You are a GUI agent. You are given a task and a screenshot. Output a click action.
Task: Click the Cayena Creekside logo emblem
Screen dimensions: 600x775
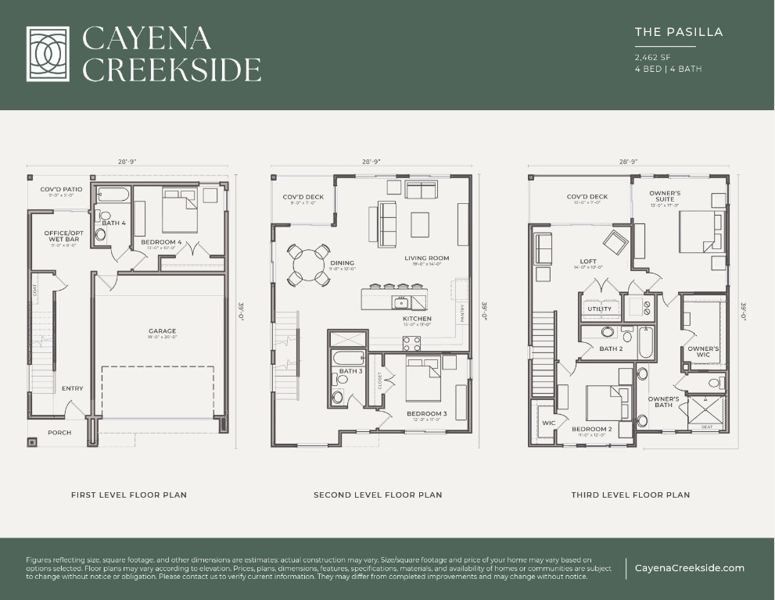(x=49, y=54)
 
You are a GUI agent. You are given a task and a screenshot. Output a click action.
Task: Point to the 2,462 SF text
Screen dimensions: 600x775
(x=651, y=57)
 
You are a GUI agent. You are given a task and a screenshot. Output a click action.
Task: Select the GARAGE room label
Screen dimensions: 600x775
(x=162, y=331)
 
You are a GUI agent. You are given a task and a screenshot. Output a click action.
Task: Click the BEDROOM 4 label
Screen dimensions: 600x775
(x=161, y=242)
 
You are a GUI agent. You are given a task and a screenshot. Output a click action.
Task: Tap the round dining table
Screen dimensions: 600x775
(x=308, y=265)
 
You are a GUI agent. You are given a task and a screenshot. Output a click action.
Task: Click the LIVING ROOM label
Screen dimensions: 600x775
(x=426, y=259)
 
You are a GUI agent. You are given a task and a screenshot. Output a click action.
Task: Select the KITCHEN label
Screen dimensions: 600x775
(x=418, y=319)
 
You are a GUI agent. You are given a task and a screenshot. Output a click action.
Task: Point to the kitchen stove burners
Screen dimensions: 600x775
(x=411, y=342)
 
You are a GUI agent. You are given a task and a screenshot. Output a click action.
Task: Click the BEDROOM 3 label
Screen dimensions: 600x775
(x=426, y=413)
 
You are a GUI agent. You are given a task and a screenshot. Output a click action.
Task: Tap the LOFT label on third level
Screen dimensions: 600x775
(x=588, y=262)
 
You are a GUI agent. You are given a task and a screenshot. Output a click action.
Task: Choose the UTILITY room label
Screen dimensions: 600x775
(x=599, y=309)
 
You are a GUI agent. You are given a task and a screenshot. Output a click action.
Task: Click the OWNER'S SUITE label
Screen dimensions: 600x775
(x=665, y=196)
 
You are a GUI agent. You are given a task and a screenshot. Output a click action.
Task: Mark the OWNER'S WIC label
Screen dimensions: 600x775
(x=703, y=352)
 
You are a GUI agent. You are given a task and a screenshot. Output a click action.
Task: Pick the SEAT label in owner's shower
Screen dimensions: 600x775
(x=706, y=427)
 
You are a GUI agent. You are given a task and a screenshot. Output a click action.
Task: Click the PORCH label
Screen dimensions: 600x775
(x=59, y=432)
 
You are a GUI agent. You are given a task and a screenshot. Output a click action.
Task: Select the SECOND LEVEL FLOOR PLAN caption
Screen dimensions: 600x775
(x=378, y=495)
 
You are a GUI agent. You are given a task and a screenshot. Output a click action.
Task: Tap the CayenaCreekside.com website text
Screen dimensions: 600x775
(x=689, y=568)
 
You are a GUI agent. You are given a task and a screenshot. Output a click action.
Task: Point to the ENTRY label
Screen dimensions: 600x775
(x=72, y=388)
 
